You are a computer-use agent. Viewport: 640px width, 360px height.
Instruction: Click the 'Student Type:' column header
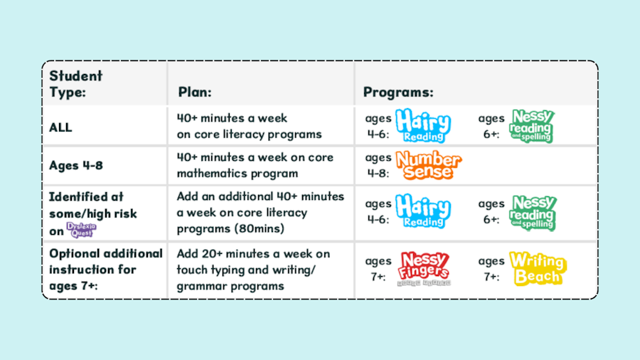tap(75, 84)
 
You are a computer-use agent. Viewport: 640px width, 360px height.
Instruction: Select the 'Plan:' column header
tap(195, 92)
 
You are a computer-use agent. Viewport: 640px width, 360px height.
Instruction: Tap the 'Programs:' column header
tap(398, 92)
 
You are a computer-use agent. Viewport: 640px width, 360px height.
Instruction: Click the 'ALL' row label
tap(60, 127)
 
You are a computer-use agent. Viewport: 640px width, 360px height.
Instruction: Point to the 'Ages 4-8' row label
tap(76, 165)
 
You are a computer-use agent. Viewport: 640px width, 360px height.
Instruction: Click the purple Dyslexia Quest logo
tap(81, 230)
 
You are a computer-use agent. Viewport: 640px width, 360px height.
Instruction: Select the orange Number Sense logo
tap(429, 165)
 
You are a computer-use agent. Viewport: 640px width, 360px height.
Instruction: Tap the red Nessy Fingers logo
tap(424, 268)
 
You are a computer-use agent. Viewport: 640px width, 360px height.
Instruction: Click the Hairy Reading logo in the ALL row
tap(423, 125)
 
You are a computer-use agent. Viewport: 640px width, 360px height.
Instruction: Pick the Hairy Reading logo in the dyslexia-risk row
tap(423, 211)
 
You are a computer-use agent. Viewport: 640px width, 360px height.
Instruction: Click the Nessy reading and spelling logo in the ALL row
tap(532, 126)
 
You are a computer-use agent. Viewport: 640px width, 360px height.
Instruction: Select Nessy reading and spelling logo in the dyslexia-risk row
tap(533, 213)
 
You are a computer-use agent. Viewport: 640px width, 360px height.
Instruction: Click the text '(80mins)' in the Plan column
tap(259, 228)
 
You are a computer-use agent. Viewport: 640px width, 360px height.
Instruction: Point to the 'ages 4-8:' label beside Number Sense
tap(378, 165)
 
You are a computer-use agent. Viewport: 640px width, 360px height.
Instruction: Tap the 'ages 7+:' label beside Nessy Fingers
tap(378, 268)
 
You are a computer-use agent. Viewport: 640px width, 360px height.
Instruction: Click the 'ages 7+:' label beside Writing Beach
tap(491, 268)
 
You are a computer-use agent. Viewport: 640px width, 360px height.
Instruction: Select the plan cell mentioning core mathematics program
tap(255, 165)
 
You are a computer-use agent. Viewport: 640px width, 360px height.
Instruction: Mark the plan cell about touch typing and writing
tap(253, 270)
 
